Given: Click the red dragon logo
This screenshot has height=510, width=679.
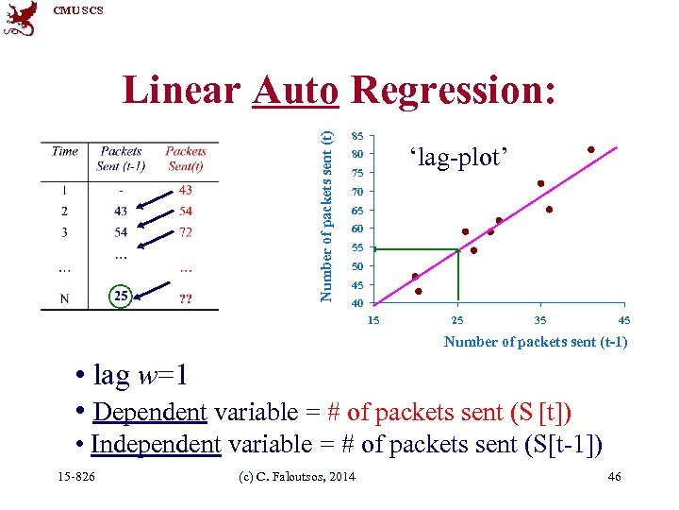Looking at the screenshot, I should click(21, 19).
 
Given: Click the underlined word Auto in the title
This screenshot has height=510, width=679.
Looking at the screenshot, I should click(296, 91).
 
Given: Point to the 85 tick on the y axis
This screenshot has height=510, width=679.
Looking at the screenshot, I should click(357, 135).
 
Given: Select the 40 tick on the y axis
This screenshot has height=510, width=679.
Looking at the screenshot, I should click(357, 303).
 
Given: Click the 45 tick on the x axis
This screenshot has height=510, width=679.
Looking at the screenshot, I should click(623, 320).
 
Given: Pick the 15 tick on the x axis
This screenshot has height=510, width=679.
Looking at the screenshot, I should click(373, 320).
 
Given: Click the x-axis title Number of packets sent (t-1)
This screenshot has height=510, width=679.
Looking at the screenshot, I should click(535, 342).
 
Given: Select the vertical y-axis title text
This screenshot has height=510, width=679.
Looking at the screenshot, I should click(326, 205).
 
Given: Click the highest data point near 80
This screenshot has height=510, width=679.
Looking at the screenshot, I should click(591, 149).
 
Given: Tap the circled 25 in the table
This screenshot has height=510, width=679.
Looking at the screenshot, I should click(121, 297).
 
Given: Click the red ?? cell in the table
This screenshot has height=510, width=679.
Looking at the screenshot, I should click(186, 298).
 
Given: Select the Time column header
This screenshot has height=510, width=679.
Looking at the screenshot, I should click(65, 151).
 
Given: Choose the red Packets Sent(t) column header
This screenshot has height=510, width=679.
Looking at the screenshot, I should click(186, 158).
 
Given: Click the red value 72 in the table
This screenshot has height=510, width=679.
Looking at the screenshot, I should click(186, 231).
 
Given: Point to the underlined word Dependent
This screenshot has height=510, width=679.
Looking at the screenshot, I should click(150, 413).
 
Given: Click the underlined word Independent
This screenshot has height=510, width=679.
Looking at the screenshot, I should click(156, 444).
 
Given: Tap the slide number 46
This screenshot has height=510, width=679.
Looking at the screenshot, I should click(614, 477).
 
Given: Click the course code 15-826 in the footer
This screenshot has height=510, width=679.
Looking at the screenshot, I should click(76, 477).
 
